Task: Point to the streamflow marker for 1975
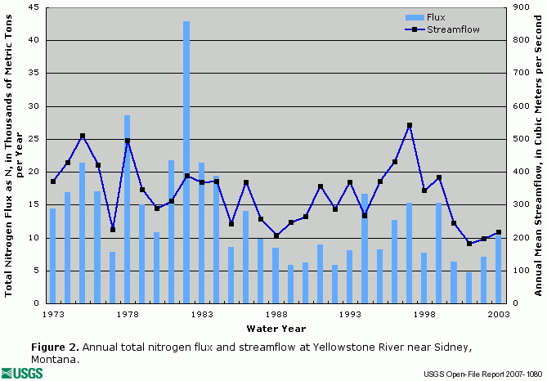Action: (x=83, y=136)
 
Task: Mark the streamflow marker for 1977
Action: (x=112, y=230)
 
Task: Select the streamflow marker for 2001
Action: (x=469, y=244)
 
